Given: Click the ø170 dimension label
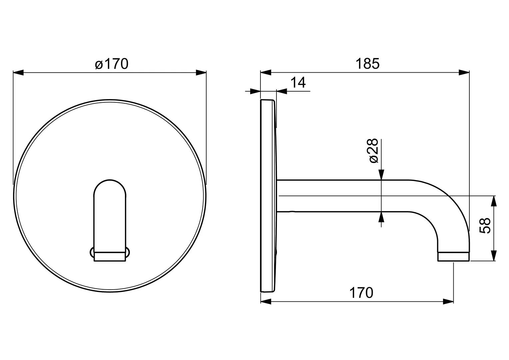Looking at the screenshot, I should (111, 64).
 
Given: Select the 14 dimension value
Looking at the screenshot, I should (298, 82).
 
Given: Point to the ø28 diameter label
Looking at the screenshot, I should (374, 150).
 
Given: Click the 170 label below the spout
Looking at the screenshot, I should (361, 293).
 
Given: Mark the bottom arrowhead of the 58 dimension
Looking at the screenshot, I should (494, 255).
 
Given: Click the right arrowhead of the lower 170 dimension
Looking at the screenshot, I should (448, 302).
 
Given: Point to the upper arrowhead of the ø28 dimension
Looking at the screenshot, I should (381, 175).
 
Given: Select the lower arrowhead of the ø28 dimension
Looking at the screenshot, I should (381, 217).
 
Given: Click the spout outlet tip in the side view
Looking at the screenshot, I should (453, 257).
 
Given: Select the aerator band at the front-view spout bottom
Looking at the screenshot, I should (110, 256).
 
